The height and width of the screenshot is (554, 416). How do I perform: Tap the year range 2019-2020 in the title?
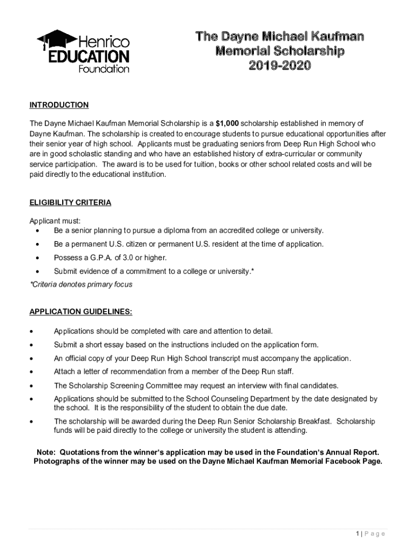(279, 65)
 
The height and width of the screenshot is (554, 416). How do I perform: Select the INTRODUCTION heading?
(59, 105)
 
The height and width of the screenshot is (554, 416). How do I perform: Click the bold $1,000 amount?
(227, 123)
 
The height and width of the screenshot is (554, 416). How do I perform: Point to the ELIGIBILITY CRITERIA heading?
(70, 203)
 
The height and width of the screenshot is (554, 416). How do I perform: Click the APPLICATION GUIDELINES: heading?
(80, 312)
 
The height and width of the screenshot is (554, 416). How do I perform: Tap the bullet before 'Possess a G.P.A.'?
(37, 258)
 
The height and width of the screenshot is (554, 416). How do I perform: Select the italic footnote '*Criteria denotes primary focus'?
(80, 285)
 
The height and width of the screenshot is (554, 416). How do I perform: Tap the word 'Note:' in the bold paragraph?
(46, 452)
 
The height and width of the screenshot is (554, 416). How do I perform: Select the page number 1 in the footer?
(358, 534)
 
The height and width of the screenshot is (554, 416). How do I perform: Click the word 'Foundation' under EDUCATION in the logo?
(104, 69)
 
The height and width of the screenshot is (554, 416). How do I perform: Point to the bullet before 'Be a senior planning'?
(37, 231)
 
